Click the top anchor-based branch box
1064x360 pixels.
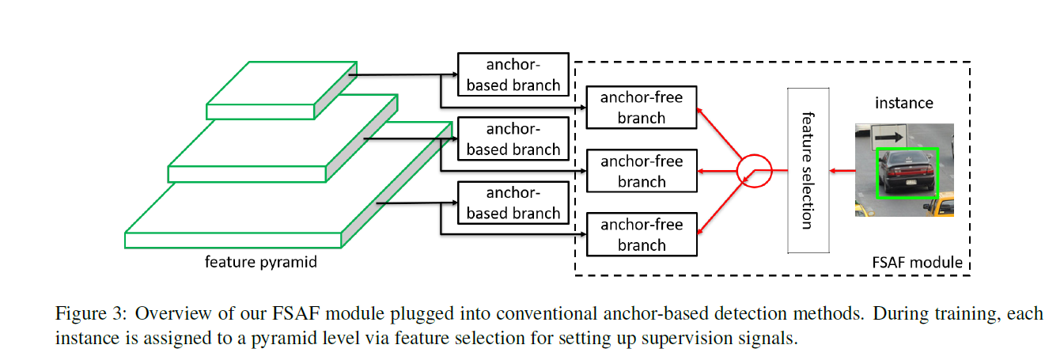[513, 74]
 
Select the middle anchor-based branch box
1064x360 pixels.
[513, 138]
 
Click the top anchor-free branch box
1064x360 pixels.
[641, 108]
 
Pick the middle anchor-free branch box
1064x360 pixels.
[641, 171]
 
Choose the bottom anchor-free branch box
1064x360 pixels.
[641, 234]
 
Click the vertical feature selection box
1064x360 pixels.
[807, 170]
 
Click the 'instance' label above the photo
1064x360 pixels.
[903, 103]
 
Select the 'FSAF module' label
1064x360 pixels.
[916, 262]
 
